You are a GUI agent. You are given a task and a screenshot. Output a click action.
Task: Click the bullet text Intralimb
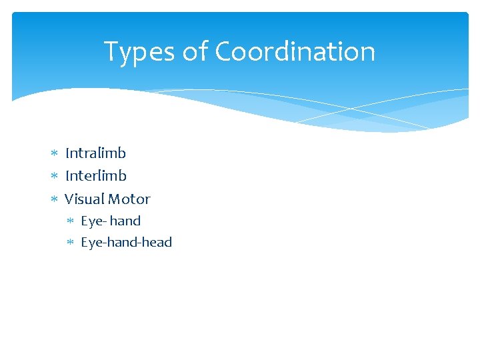95,153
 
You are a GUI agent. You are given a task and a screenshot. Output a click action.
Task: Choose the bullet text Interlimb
95,176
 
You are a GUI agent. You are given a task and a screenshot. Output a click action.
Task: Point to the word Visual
84,199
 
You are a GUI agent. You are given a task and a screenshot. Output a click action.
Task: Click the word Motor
129,199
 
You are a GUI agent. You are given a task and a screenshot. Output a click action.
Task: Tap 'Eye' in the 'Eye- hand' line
91,221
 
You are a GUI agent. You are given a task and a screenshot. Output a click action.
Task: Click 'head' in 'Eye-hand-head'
157,242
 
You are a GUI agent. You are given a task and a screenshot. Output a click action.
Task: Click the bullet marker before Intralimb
55,154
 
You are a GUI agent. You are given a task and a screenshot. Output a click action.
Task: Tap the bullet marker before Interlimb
55,177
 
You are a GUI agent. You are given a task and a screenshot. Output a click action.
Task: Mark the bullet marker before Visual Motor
55,199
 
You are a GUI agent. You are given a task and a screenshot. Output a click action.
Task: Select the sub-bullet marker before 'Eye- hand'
71,221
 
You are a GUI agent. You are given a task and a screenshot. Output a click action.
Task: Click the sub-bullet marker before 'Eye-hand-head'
71,243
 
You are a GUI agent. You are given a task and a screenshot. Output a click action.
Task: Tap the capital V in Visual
70,199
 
